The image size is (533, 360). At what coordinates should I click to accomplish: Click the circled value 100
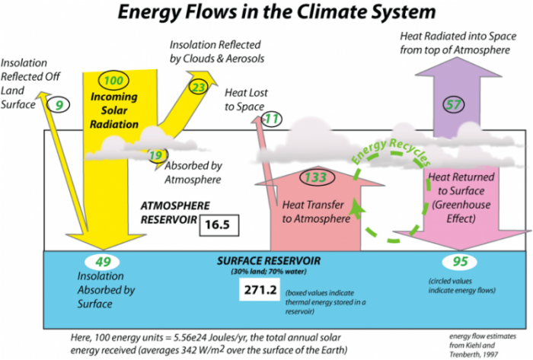pyautogui.click(x=113, y=81)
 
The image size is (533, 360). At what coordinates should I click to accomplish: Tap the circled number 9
pyautogui.click(x=59, y=105)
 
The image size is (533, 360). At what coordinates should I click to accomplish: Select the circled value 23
pyautogui.click(x=198, y=88)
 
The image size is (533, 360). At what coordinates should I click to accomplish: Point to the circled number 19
pyautogui.click(x=157, y=155)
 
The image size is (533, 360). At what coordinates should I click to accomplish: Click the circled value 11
pyautogui.click(x=272, y=119)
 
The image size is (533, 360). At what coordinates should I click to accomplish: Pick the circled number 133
pyautogui.click(x=317, y=177)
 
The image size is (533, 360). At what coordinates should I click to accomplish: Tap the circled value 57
pyautogui.click(x=454, y=104)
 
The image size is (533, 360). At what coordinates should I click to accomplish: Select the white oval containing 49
pyautogui.click(x=102, y=262)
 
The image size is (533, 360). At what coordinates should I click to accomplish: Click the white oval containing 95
pyautogui.click(x=460, y=262)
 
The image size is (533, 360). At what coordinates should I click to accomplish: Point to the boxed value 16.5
pyautogui.click(x=219, y=225)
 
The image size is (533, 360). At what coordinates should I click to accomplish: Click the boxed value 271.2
pyautogui.click(x=260, y=290)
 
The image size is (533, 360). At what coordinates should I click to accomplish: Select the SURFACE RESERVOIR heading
pyautogui.click(x=269, y=261)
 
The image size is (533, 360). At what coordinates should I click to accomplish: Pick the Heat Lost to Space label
pyautogui.click(x=246, y=100)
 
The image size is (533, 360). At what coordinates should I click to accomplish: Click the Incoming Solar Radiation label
pyautogui.click(x=114, y=110)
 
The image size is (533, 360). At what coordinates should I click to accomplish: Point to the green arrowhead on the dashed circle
pyautogui.click(x=357, y=208)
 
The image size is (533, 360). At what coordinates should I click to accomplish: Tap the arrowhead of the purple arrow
pyautogui.click(x=458, y=67)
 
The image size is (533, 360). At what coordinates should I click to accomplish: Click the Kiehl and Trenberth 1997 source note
pyautogui.click(x=482, y=346)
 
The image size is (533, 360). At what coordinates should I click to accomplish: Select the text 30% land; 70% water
pyautogui.click(x=269, y=272)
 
